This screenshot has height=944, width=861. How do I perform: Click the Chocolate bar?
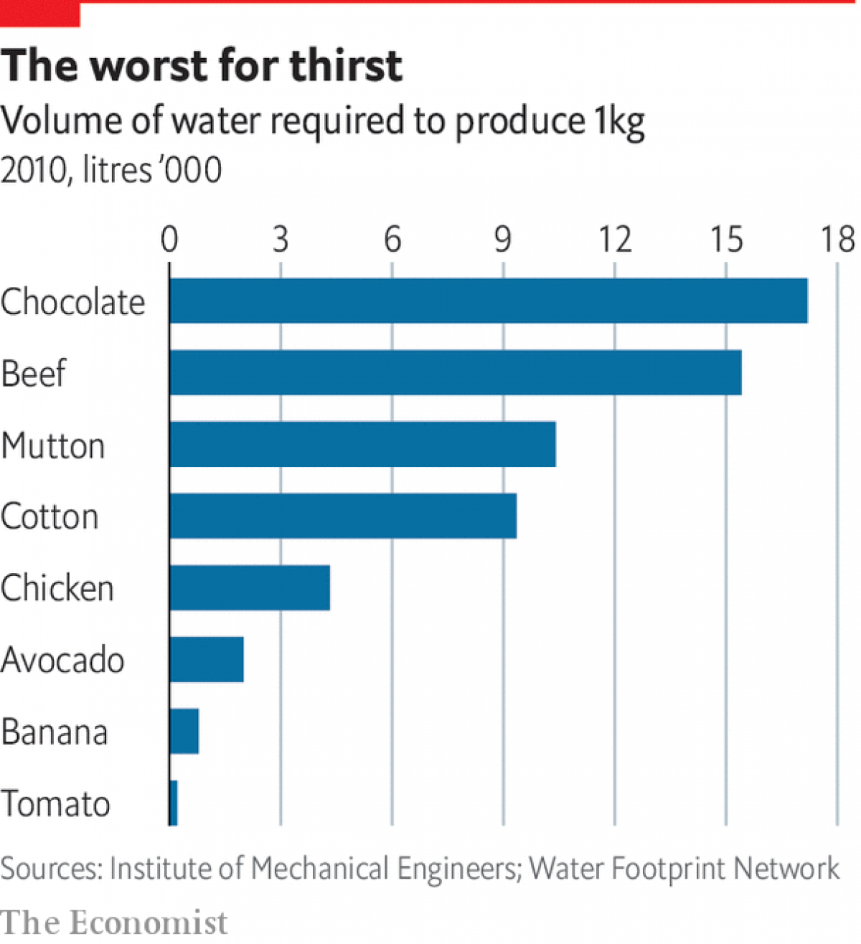tap(489, 301)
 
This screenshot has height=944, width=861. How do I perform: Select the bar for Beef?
tap(456, 373)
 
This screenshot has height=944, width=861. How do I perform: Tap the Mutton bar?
tap(362, 445)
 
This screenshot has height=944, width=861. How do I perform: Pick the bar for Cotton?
tap(343, 516)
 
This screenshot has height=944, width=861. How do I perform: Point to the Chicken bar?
tap(250, 588)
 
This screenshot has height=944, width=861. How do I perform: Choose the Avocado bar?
tap(207, 660)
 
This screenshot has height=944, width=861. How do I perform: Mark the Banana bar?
tap(184, 732)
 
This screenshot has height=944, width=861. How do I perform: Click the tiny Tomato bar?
tap(174, 803)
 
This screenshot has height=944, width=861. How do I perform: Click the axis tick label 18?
tap(837, 239)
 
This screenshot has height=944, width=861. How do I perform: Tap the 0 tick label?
tap(169, 239)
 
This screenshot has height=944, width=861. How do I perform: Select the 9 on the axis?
tap(503, 239)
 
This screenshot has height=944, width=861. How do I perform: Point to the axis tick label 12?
tap(615, 239)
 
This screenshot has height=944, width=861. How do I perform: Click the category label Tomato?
tap(55, 803)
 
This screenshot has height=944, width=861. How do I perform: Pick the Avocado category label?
tap(62, 660)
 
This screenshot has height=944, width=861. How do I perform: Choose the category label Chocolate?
tap(72, 302)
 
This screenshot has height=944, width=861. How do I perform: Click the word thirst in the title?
tap(346, 66)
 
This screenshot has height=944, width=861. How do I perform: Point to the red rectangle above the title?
tap(39, 13)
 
